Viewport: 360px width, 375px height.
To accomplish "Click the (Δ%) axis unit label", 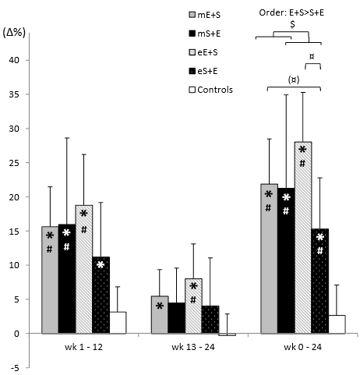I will coord(16,34).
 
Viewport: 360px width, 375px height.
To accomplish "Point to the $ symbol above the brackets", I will coord(291,24).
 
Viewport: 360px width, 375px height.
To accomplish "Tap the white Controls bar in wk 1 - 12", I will coord(117,322).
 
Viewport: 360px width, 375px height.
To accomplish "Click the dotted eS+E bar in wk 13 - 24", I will coord(210,320).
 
